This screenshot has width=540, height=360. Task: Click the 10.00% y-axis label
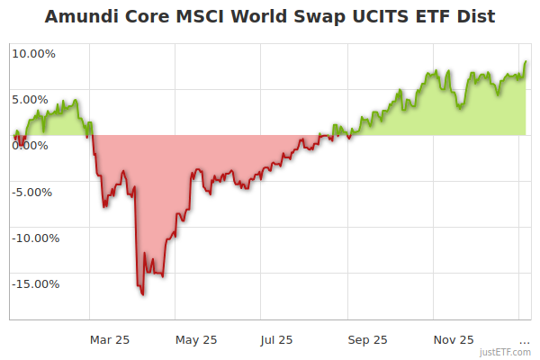[33, 53]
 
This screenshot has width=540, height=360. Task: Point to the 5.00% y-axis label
[36, 99]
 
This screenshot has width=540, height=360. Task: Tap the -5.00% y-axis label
[34, 191]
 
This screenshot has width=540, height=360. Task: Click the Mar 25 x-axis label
[110, 339]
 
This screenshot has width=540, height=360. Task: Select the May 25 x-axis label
[196, 339]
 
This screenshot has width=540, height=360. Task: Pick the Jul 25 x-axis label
[277, 339]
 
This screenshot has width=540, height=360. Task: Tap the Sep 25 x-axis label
[368, 339]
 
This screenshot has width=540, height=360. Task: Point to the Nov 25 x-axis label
[454, 339]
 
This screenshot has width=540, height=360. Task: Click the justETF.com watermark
[505, 353]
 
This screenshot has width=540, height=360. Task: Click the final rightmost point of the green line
[526, 62]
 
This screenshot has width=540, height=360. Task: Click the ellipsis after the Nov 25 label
[525, 341]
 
